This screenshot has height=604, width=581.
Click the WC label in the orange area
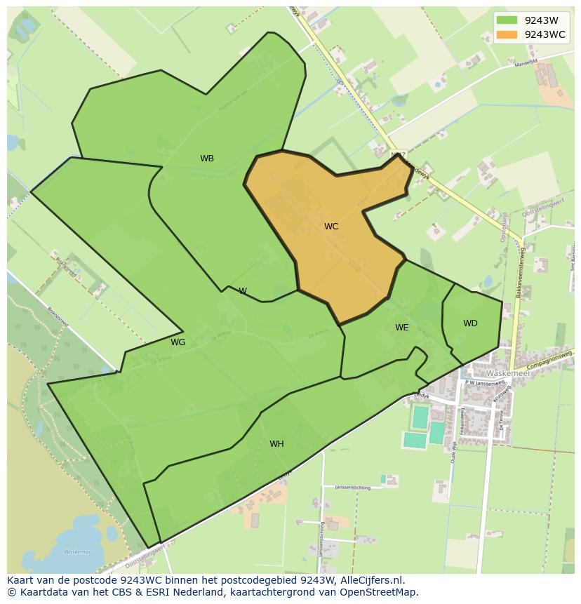point(331,227)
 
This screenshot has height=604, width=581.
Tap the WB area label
point(207,159)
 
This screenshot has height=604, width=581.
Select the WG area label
point(178,342)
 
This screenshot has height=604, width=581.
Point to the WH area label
point(276,444)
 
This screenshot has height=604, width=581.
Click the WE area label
point(401,328)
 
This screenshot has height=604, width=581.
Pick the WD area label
point(470,323)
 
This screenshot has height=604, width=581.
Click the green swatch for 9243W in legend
point(506,20)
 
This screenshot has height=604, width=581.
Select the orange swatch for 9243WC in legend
point(506,34)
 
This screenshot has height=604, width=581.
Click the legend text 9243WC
point(545,34)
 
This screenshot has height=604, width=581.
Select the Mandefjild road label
point(525,62)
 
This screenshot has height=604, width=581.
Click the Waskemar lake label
point(77,552)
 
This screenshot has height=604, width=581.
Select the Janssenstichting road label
point(352,487)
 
